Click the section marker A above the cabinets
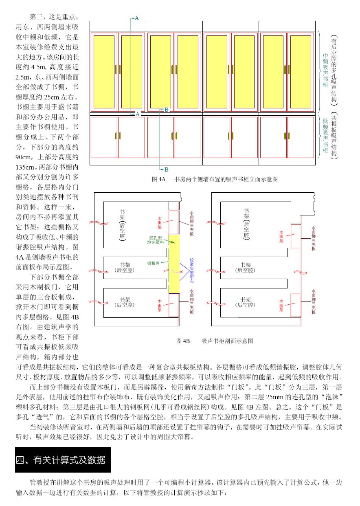click(137, 18)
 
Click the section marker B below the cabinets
click(166, 169)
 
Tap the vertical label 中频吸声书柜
click(325, 70)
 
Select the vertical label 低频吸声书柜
click(325, 135)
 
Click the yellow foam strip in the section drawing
click(174, 263)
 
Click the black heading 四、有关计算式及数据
click(60, 460)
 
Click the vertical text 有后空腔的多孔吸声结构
click(334, 70)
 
